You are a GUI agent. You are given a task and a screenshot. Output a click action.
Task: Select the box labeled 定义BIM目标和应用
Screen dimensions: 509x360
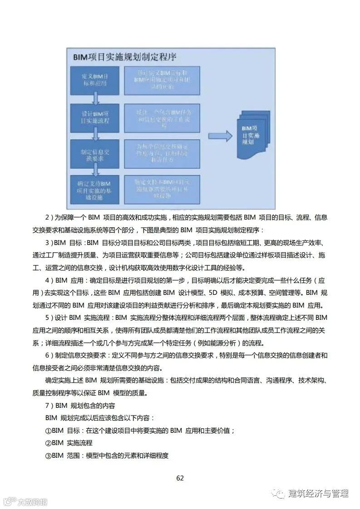95,79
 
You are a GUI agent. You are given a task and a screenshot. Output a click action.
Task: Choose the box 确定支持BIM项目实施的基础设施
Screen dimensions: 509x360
95,190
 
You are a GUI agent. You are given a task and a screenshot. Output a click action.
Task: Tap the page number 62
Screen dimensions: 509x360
180,478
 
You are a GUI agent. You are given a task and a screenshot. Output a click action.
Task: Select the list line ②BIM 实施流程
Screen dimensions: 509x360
69,443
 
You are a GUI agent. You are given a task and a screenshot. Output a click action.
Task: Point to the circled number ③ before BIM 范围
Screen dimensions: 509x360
48,455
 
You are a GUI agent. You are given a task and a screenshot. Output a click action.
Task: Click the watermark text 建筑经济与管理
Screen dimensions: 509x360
318,493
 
